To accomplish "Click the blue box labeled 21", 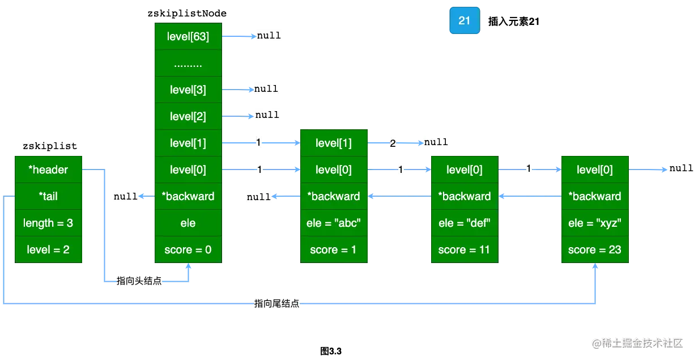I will coord(464,21).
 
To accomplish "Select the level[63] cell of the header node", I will coord(188,37).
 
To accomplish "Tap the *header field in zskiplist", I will coord(49,170).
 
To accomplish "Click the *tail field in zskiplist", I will coord(49,196).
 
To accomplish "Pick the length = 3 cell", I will coord(49,223).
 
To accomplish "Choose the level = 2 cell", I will coord(49,249).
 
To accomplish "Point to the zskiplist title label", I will coord(49,146).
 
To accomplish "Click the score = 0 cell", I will coord(188,249).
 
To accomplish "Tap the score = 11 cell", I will coord(464,249).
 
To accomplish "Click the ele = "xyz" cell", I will coord(594,223).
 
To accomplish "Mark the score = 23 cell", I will coord(594,249).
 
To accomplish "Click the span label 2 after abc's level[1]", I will coord(393,143).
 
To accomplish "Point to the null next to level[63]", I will coord(269,35).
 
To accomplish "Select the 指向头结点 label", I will coord(138,281).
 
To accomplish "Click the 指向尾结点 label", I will coord(277,304).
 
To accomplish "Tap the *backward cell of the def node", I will coord(464,196).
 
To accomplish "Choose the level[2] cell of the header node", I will coord(188,116).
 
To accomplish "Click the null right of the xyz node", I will coord(680,168).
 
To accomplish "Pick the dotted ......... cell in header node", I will coord(188,63).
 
